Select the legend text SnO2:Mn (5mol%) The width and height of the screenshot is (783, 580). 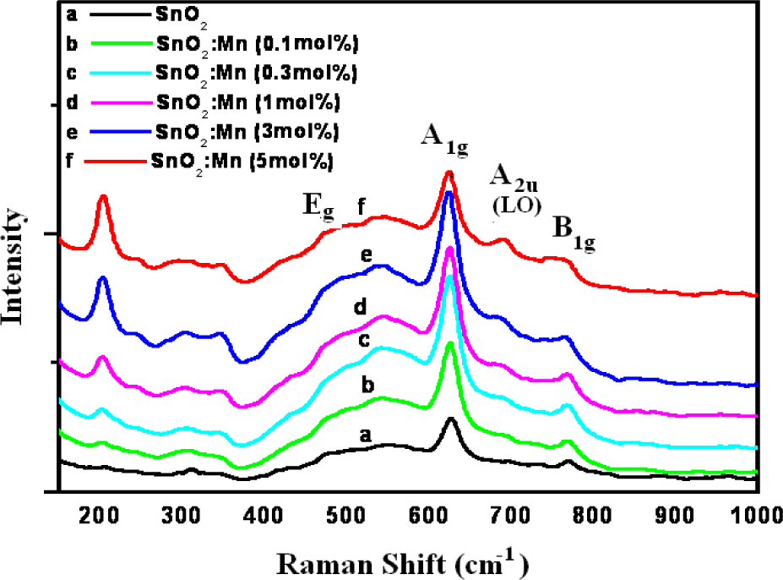(x=242, y=162)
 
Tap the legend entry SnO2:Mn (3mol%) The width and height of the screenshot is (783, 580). (x=247, y=133)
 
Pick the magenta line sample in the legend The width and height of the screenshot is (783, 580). (x=122, y=103)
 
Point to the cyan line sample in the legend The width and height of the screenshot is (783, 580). (x=120, y=74)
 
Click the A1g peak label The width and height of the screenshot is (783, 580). (x=444, y=140)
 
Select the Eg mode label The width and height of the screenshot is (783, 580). (x=318, y=206)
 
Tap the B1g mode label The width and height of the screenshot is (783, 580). (x=574, y=233)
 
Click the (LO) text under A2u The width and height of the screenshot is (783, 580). (x=517, y=205)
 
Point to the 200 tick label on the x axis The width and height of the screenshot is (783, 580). (x=99, y=515)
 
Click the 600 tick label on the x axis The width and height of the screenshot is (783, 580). (x=429, y=515)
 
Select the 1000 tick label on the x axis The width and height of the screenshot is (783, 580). (x=755, y=515)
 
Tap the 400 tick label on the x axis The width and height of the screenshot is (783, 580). (x=264, y=515)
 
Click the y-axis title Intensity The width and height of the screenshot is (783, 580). (x=13, y=266)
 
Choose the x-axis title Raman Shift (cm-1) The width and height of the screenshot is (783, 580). (x=403, y=564)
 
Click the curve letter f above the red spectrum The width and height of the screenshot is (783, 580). (x=362, y=206)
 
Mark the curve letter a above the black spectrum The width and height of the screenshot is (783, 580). (x=366, y=435)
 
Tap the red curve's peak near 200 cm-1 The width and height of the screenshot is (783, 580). (x=103, y=195)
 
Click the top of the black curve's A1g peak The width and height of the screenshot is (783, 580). (x=451, y=418)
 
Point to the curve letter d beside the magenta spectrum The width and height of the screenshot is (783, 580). (x=360, y=306)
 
